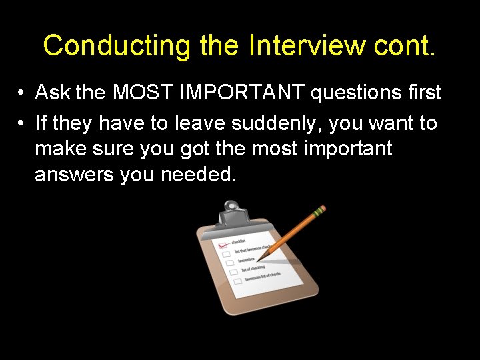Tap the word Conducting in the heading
tap(116, 45)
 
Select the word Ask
tap(53, 93)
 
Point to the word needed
tap(204, 175)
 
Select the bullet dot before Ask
tap(22, 93)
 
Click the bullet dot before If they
tap(22, 124)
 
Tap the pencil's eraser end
tap(321, 209)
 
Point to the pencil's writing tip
tap(259, 259)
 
